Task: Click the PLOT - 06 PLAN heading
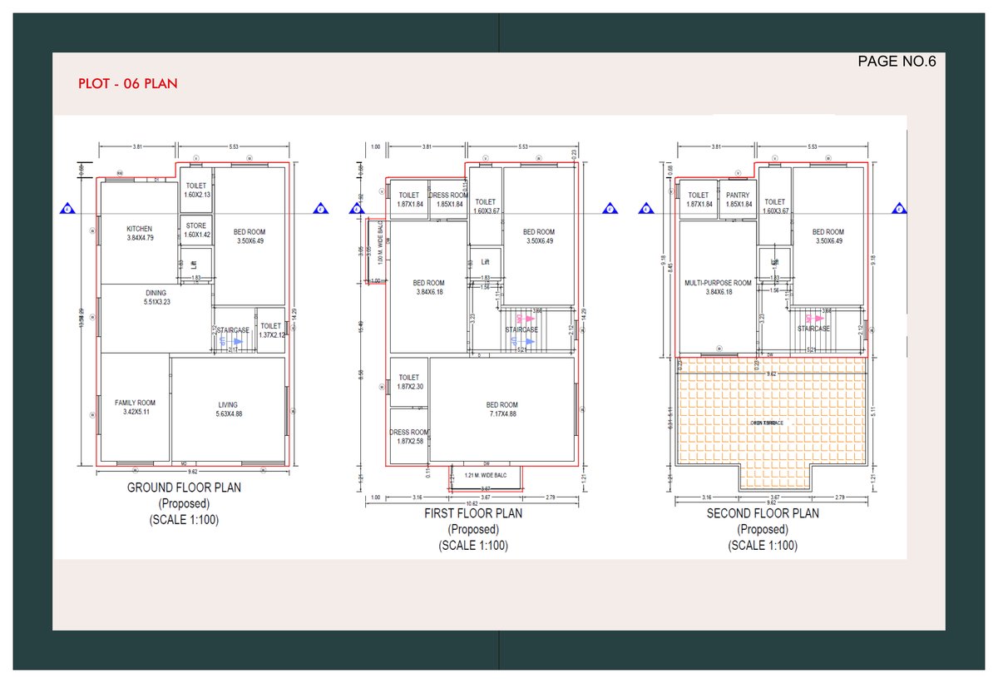point(127,84)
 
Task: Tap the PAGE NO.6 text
point(897,61)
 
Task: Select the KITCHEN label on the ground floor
point(139,229)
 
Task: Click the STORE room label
point(196,225)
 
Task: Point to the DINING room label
point(156,293)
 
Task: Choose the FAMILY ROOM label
point(135,403)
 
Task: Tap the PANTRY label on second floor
point(738,195)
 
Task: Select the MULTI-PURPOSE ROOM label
point(717,283)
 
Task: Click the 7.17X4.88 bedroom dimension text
point(501,413)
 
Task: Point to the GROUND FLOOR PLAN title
point(184,488)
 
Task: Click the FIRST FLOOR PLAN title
point(473,513)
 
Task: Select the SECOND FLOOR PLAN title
point(763,513)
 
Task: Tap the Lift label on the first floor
point(486,261)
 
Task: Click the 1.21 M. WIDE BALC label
point(487,476)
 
